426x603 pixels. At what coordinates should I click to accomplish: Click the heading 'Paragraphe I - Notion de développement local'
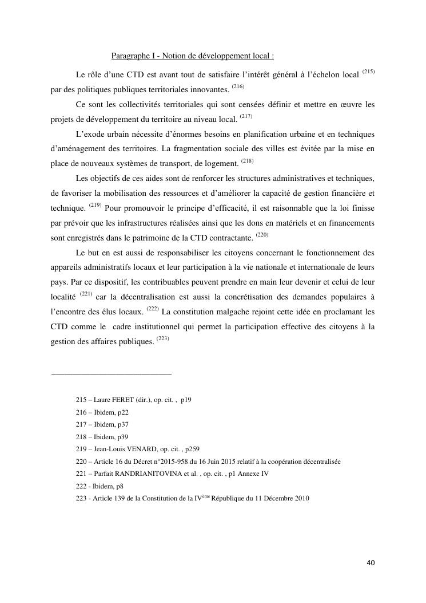point(193,56)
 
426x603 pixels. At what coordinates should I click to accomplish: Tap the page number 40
point(371,563)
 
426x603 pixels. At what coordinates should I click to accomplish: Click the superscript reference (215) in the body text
point(368,72)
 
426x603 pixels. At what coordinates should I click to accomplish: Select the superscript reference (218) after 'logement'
point(248,161)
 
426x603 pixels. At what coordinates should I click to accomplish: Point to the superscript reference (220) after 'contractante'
point(262,235)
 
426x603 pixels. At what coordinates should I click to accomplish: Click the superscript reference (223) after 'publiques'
point(162,339)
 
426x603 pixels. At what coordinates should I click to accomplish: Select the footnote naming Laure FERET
point(133,400)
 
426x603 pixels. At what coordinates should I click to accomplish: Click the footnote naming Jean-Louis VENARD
point(137,449)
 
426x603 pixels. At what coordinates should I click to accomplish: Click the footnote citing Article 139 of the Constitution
point(192,498)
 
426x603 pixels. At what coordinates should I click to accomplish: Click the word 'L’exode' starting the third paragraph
point(90,135)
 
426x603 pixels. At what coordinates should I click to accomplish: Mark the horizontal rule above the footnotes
point(112,375)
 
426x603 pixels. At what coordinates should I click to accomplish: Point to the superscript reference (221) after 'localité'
point(86,294)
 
